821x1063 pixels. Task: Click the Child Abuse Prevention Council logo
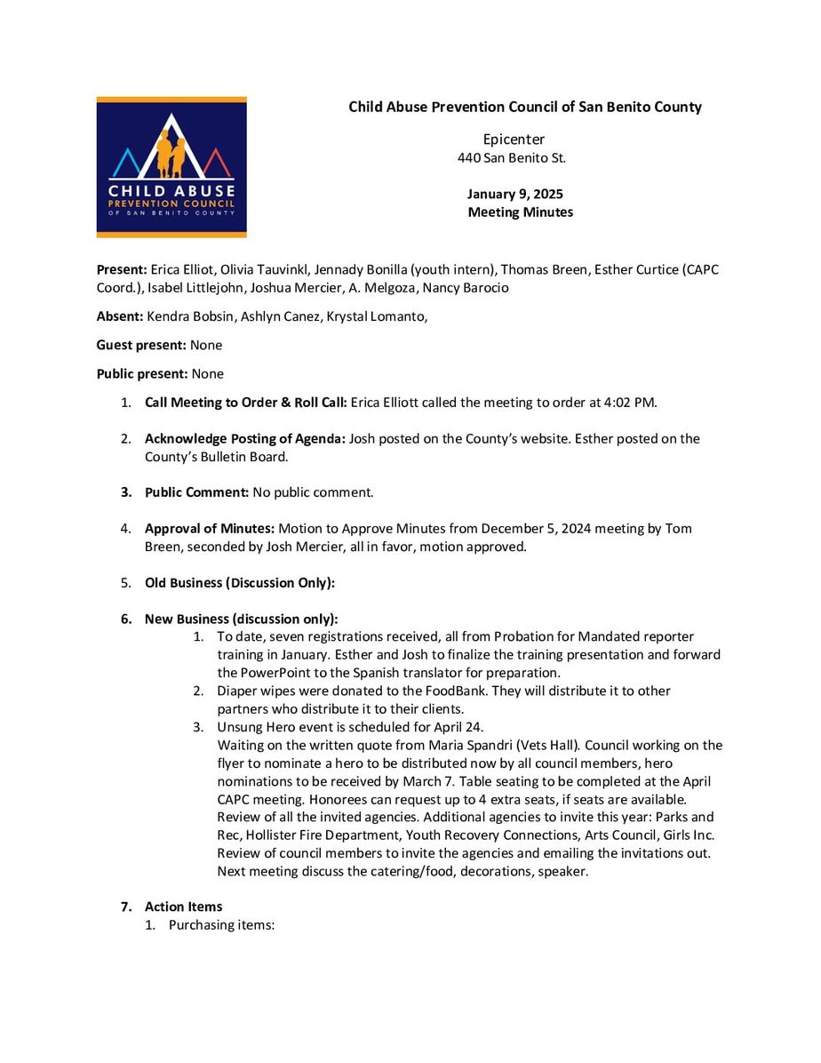click(171, 167)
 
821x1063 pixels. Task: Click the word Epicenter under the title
click(514, 140)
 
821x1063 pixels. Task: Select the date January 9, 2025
click(514, 194)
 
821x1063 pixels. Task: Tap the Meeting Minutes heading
click(520, 212)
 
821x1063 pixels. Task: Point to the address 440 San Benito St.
click(511, 158)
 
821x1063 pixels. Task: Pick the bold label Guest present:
click(141, 345)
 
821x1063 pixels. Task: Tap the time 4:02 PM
click(629, 403)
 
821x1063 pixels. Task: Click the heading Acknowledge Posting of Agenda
click(245, 438)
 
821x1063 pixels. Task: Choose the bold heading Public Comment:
click(196, 492)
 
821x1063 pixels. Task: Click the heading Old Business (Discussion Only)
click(240, 583)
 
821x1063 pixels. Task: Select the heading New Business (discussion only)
click(241, 619)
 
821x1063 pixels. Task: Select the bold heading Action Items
click(183, 907)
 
